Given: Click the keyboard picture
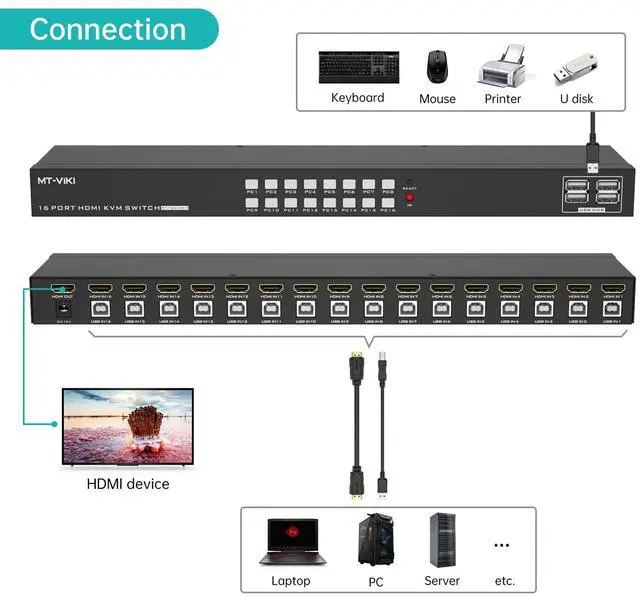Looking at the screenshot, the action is coord(358,67).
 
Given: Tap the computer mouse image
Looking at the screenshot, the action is coord(437,67).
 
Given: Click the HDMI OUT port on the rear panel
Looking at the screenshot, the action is coord(63,288).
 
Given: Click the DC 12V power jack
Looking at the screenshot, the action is coord(63,310).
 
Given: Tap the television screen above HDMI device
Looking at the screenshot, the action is coord(127,425).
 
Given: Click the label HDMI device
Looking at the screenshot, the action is coord(127,484).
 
